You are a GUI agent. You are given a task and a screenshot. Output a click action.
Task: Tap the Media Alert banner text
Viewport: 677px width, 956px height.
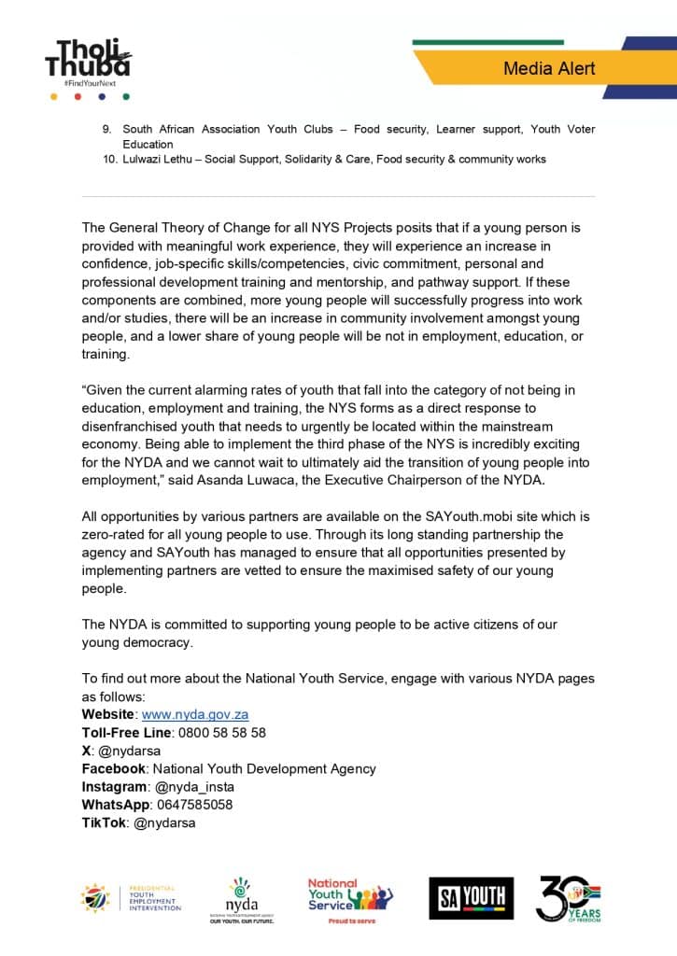click(x=549, y=68)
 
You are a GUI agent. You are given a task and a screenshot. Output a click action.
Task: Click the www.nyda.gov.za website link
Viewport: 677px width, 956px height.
click(x=194, y=714)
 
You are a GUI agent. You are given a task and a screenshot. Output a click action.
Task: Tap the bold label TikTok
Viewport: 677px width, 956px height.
click(x=105, y=822)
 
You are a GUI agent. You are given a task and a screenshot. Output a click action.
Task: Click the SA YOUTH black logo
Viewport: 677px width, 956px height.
click(x=471, y=898)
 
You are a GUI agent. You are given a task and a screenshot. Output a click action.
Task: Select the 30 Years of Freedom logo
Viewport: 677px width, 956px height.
click(x=568, y=899)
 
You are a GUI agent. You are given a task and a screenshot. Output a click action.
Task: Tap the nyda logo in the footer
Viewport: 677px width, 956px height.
click(x=241, y=900)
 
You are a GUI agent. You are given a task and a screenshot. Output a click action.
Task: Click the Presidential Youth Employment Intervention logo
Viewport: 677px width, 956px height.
click(x=131, y=898)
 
